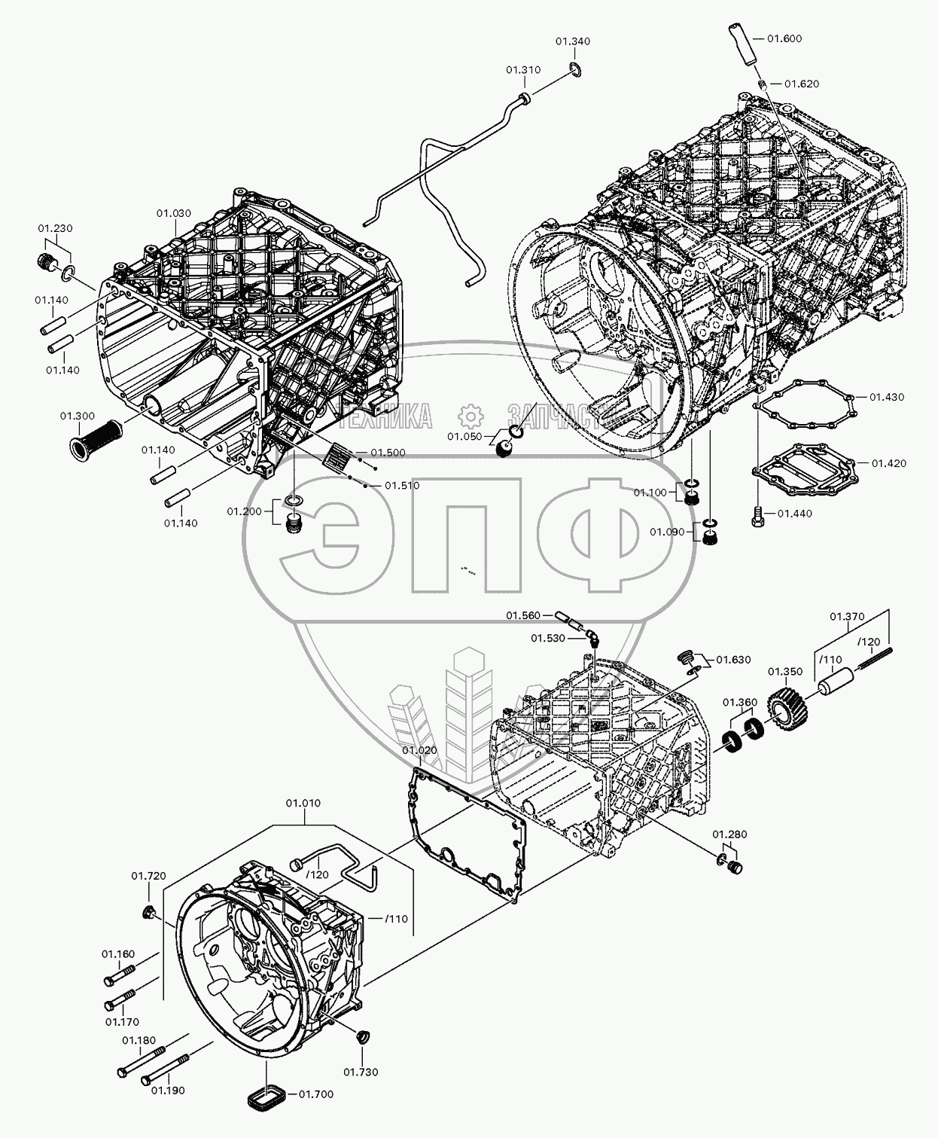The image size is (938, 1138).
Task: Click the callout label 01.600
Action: (784, 38)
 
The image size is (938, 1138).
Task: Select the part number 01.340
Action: (573, 41)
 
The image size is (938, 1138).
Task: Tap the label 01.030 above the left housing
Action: (174, 213)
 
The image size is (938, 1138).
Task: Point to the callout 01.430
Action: (887, 397)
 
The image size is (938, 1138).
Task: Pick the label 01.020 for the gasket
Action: (419, 750)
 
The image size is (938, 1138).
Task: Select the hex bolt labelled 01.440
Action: (758, 517)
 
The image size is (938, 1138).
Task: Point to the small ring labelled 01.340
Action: (576, 71)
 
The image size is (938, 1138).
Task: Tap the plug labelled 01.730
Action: (361, 1036)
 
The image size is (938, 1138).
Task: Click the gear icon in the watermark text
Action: (470, 415)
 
